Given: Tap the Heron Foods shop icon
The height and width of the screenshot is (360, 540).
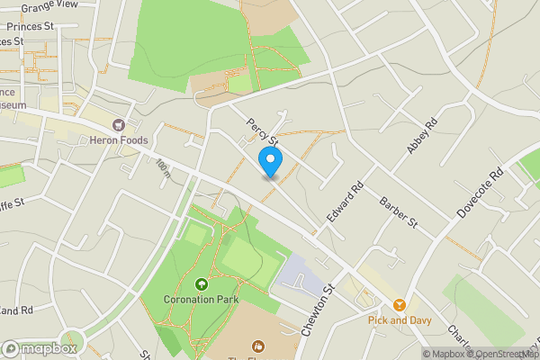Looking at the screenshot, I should pos(116,125).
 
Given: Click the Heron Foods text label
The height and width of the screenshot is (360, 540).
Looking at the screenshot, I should pos(117,140).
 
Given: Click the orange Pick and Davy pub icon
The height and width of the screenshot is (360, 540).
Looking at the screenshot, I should pos(400,304).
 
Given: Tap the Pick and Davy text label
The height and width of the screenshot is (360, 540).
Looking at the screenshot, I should pos(400,319).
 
